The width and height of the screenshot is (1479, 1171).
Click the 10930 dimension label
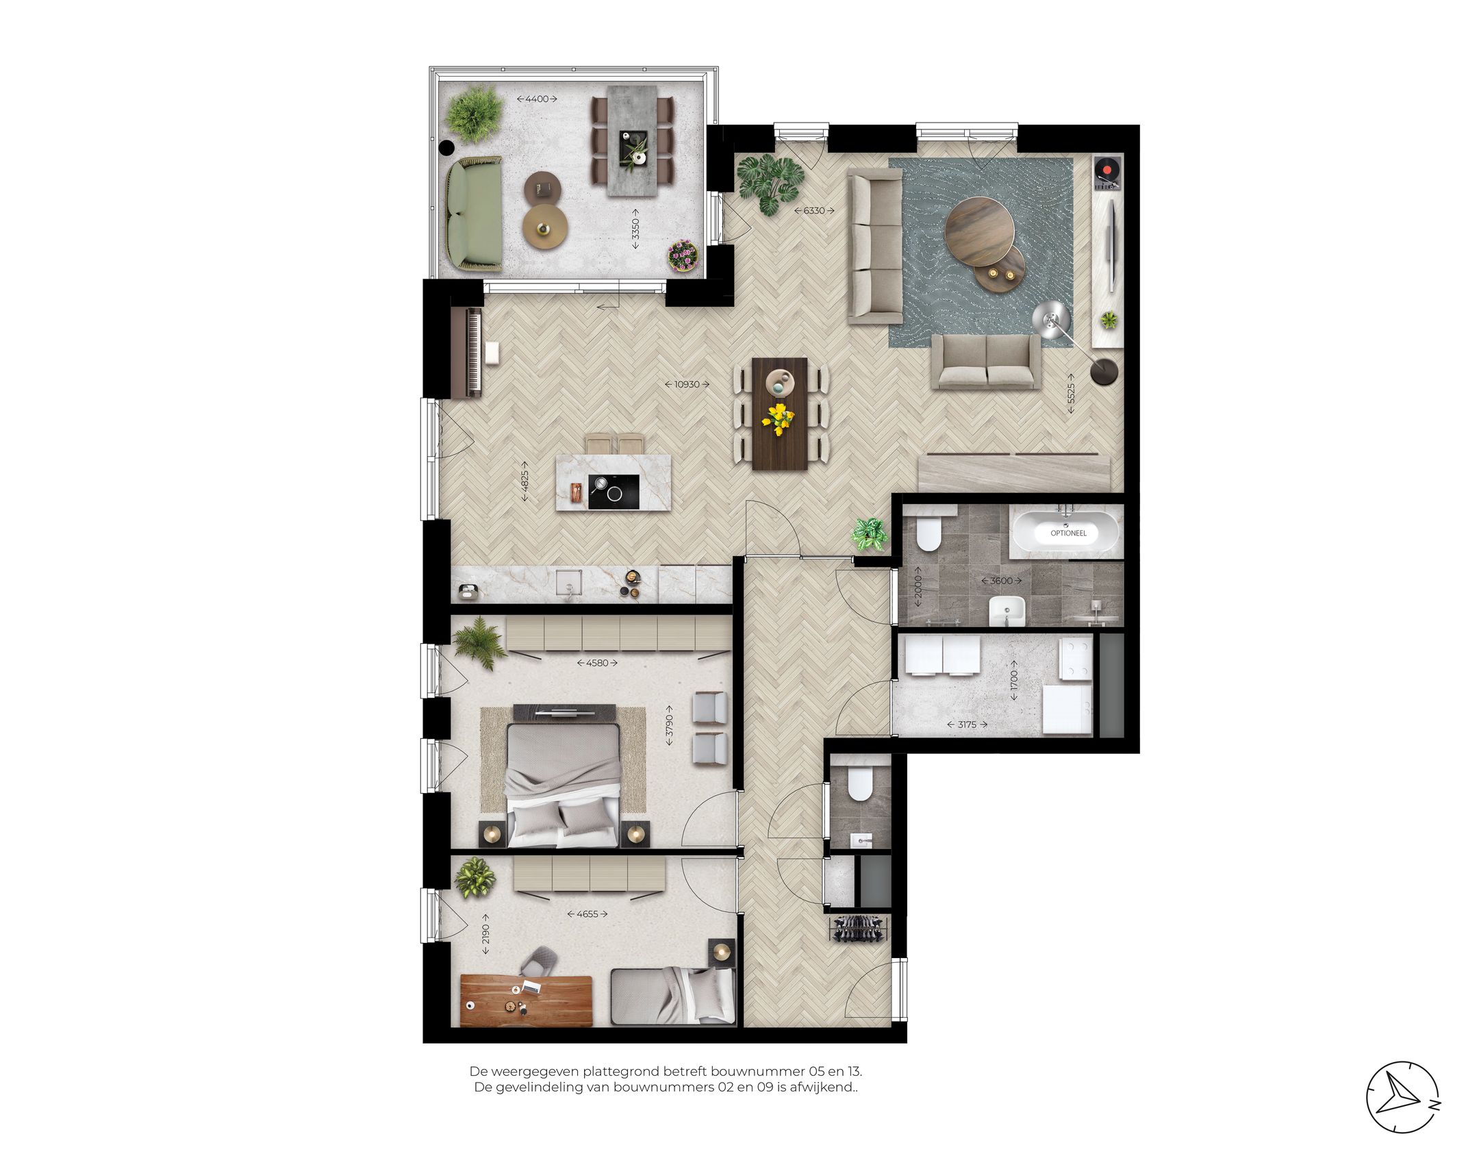click(687, 385)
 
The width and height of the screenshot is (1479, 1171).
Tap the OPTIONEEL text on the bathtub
click(1067, 533)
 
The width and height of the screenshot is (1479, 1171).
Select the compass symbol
click(1402, 1098)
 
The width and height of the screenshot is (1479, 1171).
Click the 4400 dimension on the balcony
click(537, 99)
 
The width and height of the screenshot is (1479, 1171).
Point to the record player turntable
click(1106, 171)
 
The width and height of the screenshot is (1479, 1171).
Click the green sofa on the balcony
click(474, 213)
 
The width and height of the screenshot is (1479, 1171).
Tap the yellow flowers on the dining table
click(779, 418)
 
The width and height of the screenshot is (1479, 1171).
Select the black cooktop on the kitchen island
click(614, 492)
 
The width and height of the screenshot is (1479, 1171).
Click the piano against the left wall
click(467, 353)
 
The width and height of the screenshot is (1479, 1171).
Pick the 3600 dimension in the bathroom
click(1001, 581)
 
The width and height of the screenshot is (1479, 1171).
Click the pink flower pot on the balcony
click(683, 256)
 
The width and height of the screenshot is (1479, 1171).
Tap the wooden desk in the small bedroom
click(526, 1000)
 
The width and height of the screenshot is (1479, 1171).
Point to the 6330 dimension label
click(813, 210)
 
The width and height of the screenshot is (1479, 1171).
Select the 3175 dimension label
click(967, 725)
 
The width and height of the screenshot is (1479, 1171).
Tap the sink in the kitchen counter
click(568, 581)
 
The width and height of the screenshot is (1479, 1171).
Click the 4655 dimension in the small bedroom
click(587, 914)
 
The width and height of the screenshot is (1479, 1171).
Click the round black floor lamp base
click(1104, 372)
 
